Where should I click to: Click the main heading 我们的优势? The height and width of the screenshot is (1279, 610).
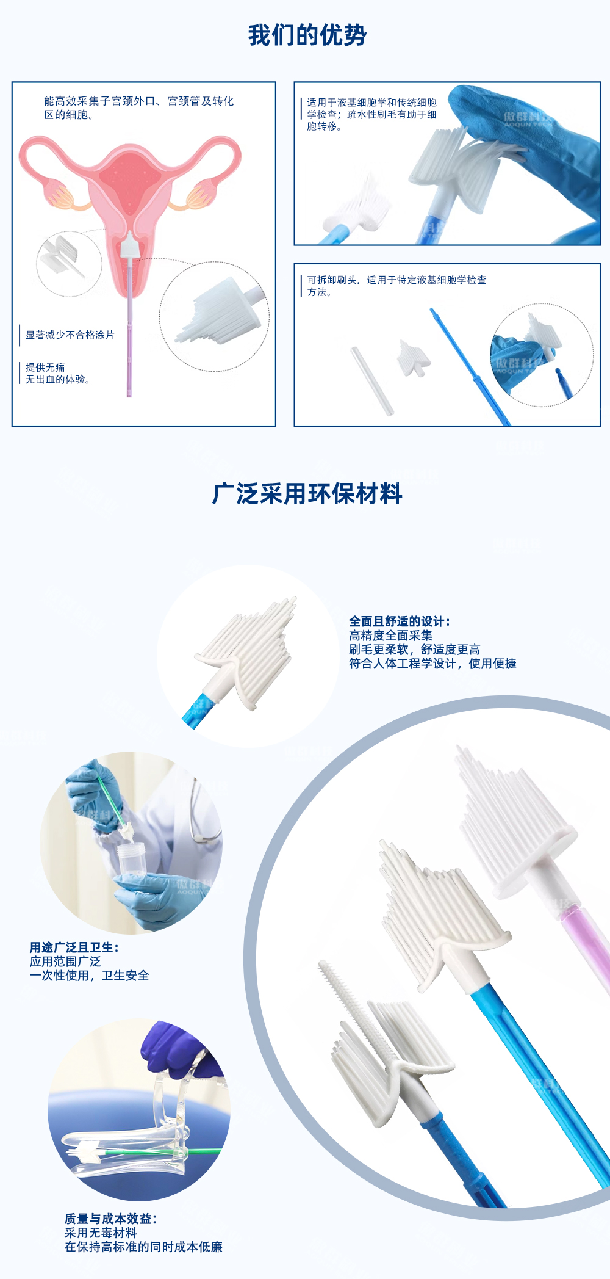[307, 35]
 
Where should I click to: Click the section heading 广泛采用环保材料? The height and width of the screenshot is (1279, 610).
[307, 493]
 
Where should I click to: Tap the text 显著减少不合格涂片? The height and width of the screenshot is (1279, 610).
[70, 335]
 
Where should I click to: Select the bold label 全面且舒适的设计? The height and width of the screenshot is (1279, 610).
[399, 621]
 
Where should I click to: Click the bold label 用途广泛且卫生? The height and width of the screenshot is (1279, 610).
[74, 947]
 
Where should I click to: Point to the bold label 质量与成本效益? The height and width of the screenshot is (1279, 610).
[110, 1218]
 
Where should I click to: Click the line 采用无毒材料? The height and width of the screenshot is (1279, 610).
[101, 1232]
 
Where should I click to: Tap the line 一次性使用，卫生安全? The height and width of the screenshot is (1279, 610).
[89, 975]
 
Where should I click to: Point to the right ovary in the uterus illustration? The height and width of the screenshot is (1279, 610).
[201, 195]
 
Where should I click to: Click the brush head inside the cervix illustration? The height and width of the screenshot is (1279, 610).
[130, 247]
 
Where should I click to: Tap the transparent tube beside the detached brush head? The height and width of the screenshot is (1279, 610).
[371, 381]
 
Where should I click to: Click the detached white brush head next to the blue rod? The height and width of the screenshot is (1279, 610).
[414, 359]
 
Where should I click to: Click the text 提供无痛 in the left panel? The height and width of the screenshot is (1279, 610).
[45, 368]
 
